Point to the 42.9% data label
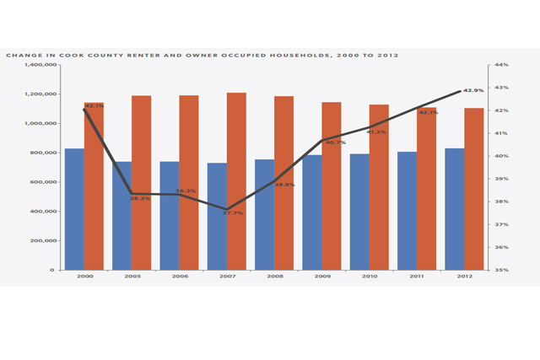click(476, 91)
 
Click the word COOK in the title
click(84, 55)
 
